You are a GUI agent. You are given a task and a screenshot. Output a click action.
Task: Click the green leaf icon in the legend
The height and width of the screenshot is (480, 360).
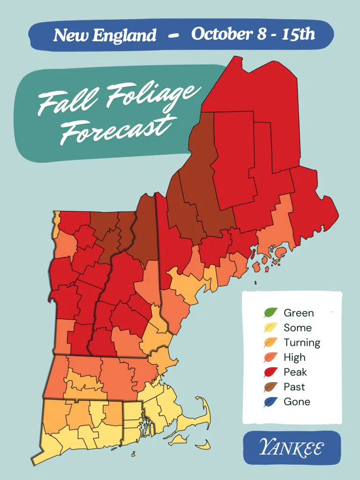pos(271,313)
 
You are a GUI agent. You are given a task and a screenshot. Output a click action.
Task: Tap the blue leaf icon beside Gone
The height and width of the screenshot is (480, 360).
pos(271,402)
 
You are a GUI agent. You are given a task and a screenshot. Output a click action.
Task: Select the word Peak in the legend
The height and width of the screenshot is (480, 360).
pos(295,372)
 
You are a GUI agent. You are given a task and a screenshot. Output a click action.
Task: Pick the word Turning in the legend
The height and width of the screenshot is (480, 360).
pos(302,343)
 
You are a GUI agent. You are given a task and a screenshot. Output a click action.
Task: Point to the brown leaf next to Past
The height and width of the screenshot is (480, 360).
pos(271,387)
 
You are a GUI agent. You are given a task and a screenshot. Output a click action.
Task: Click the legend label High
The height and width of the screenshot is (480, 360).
pos(294,357)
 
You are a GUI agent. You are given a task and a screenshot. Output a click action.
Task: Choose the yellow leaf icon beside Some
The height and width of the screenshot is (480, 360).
pos(271,328)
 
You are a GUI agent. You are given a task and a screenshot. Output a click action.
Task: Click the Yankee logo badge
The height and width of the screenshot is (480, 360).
pos(292,448)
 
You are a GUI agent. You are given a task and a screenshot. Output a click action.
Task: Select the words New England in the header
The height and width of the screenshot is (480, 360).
pos(105,35)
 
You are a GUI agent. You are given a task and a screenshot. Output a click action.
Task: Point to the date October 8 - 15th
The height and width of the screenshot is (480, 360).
pos(253,34)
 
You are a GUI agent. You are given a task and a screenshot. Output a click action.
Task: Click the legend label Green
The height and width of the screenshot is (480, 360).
pos(299,313)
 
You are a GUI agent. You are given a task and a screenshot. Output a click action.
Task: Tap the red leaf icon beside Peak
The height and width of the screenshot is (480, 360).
pos(271,372)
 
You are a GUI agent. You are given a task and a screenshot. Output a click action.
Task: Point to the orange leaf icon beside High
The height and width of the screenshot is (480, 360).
pos(271,357)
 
